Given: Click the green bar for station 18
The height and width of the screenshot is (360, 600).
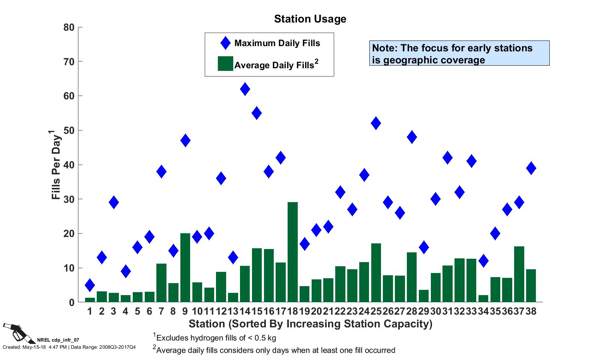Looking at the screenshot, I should pyautogui.click(x=292, y=252).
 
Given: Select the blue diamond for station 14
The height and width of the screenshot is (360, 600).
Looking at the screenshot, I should pyautogui.click(x=245, y=89).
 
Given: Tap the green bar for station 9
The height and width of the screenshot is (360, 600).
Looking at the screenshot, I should pyautogui.click(x=185, y=267).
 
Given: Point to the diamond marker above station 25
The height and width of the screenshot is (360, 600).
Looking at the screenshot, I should pyautogui.click(x=376, y=123).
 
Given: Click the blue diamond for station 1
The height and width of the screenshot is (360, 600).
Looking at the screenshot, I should pyautogui.click(x=90, y=285).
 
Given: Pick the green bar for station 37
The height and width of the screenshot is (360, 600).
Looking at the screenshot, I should pyautogui.click(x=519, y=274).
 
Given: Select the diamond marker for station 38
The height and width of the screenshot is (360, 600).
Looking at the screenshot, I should pyautogui.click(x=531, y=168).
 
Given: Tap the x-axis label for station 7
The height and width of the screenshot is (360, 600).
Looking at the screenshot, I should pyautogui.click(x=161, y=312).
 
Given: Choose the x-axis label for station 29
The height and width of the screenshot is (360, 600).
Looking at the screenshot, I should pyautogui.click(x=423, y=312).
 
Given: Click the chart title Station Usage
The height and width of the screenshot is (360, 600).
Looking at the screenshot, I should pyautogui.click(x=310, y=19).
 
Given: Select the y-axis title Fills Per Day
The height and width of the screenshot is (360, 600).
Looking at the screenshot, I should pyautogui.click(x=56, y=165).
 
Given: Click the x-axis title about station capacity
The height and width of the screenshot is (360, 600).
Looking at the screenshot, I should pyautogui.click(x=310, y=324).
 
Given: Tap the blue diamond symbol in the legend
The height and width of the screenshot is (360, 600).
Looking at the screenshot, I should pyautogui.click(x=225, y=43).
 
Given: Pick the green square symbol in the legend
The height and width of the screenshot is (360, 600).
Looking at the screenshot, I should pyautogui.click(x=225, y=64).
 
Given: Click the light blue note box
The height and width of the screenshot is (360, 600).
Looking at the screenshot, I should pyautogui.click(x=459, y=53).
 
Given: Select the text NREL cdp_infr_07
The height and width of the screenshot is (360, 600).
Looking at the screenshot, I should pyautogui.click(x=58, y=340).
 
